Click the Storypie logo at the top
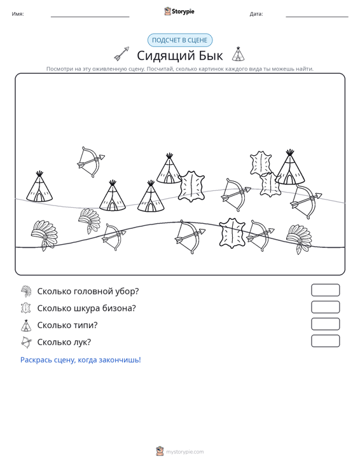pos(179,11)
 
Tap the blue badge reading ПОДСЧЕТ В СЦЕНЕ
pos(180,40)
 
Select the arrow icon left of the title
pos(121,54)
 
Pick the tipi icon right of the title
pos(238,54)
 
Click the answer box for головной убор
pos(325,290)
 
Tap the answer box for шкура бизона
pos(325,307)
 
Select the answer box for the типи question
pos(325,324)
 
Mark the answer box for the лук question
pos(325,341)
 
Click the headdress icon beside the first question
pos(26,291)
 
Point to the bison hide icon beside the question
pos(26,308)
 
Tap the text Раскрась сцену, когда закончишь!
pos(81,360)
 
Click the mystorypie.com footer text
pos(184,452)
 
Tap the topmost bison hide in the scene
pos(261,163)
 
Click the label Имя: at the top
pos(18,14)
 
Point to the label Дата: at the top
pos(256,14)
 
